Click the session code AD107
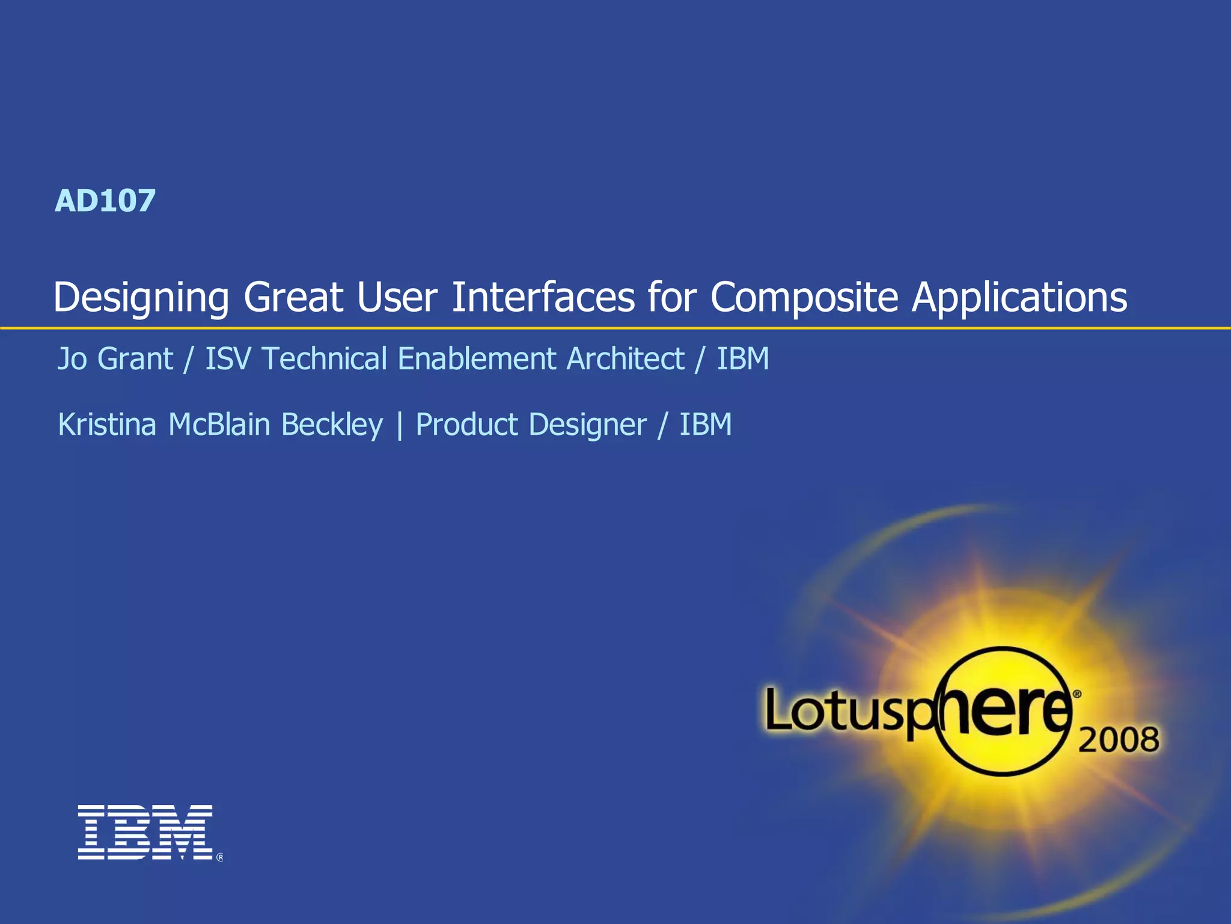coord(105,201)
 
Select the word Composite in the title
coord(804,297)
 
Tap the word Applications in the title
coord(1019,297)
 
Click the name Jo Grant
coord(115,359)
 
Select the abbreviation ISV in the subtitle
coord(228,359)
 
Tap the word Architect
coord(626,359)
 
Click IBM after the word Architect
coord(743,359)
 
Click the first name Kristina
coord(107,425)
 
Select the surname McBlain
coord(219,425)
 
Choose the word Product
coord(466,425)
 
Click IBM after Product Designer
coord(706,425)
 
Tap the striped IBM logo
coord(145,832)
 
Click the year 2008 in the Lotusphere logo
coord(1118,740)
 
